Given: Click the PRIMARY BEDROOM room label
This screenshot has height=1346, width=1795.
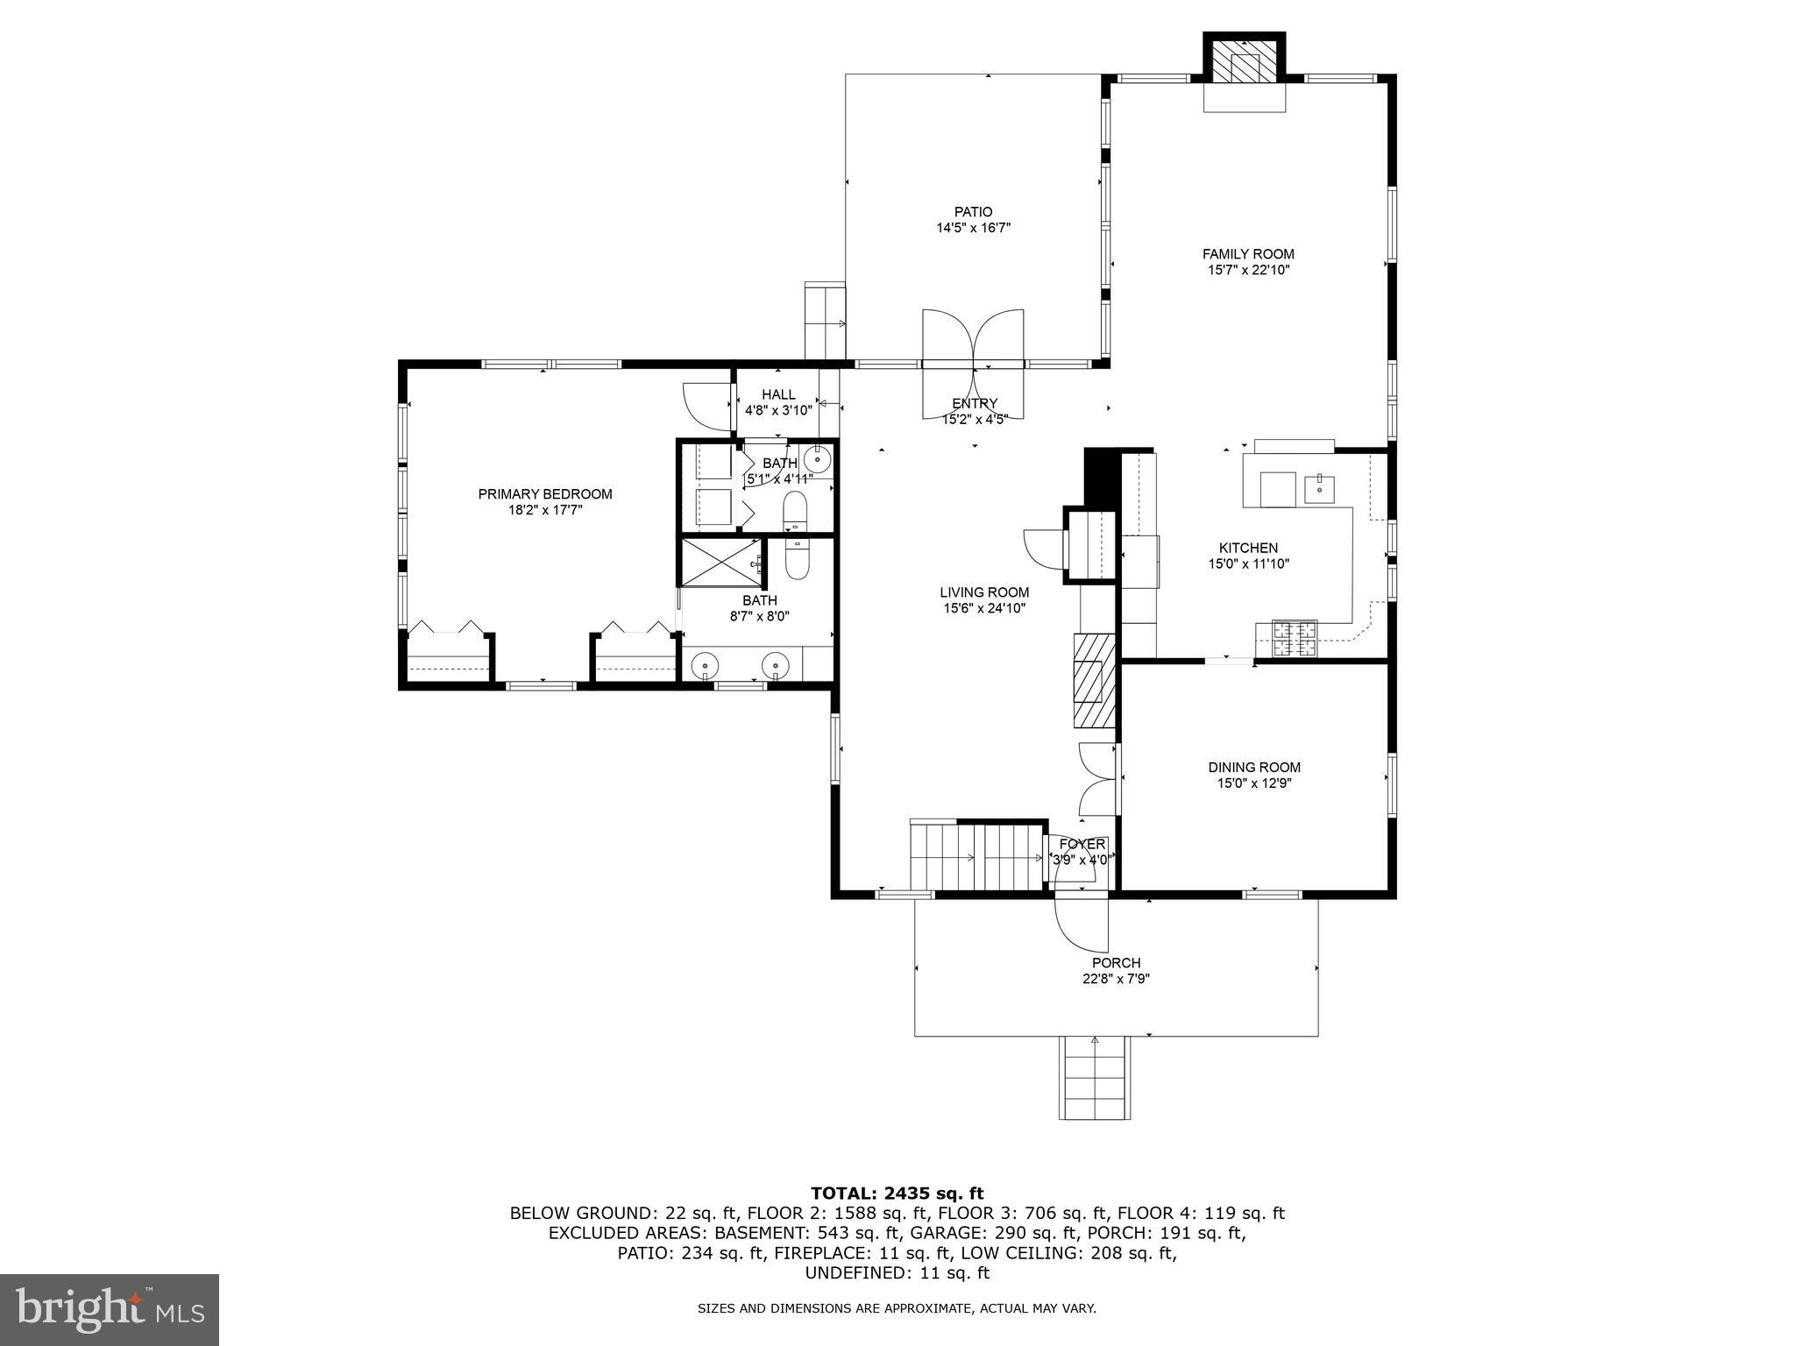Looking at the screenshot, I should (544, 494).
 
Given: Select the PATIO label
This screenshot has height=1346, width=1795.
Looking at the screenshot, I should (973, 212).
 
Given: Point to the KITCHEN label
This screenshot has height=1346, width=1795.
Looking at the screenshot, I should (1248, 549).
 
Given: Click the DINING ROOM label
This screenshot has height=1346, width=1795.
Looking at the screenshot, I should (1254, 768).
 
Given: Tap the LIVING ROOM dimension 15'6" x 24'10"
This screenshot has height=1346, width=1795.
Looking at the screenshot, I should (984, 608).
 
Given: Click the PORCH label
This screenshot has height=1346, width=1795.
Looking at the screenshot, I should (1116, 963).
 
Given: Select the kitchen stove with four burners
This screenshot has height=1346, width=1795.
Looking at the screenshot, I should (1295, 639).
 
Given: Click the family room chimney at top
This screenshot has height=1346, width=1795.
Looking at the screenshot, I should (1244, 61).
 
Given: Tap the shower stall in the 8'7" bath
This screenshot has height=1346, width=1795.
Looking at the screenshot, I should (720, 562).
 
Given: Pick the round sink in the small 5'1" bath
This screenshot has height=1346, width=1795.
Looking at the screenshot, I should (817, 459).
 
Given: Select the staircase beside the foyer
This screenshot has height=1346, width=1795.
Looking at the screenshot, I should (977, 856).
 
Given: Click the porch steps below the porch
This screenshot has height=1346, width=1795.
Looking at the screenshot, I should (1094, 1078).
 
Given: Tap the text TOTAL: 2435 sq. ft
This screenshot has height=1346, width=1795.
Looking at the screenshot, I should (897, 1193).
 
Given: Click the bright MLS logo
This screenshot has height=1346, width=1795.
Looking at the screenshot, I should (110, 1309).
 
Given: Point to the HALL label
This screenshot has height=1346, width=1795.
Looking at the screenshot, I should (778, 395).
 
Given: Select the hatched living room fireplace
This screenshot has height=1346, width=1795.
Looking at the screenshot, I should (1092, 679).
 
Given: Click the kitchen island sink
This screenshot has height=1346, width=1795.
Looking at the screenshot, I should (1319, 487).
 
